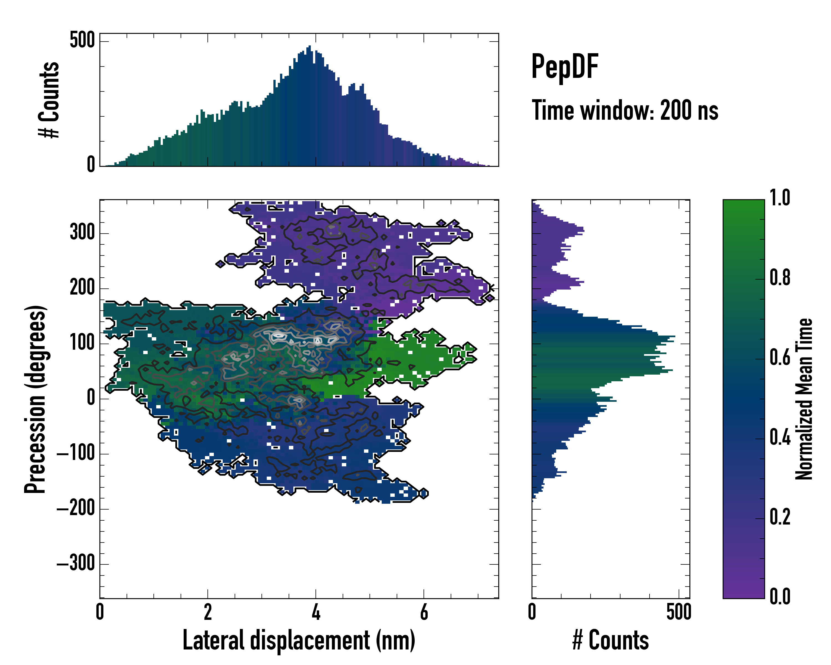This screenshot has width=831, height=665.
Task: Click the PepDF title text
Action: point(564,67)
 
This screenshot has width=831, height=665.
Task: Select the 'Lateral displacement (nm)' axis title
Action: point(299,640)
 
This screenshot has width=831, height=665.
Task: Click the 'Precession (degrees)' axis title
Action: point(35,399)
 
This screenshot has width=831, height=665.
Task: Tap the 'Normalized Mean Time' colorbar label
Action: point(804,399)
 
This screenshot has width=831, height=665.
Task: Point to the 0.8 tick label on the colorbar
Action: point(780,278)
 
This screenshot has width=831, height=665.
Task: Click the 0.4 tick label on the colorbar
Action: point(780,438)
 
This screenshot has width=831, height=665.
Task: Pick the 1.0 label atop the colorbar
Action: point(780,198)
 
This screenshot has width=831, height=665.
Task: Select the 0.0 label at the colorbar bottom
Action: point(780,596)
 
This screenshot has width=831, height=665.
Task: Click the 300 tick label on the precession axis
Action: point(82,233)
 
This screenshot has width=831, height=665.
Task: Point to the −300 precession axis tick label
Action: point(76,564)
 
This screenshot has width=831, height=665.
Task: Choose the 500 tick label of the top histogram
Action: point(82,40)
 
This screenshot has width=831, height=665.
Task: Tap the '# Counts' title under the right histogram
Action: point(610,640)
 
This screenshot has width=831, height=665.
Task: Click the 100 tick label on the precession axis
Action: point(82,343)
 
